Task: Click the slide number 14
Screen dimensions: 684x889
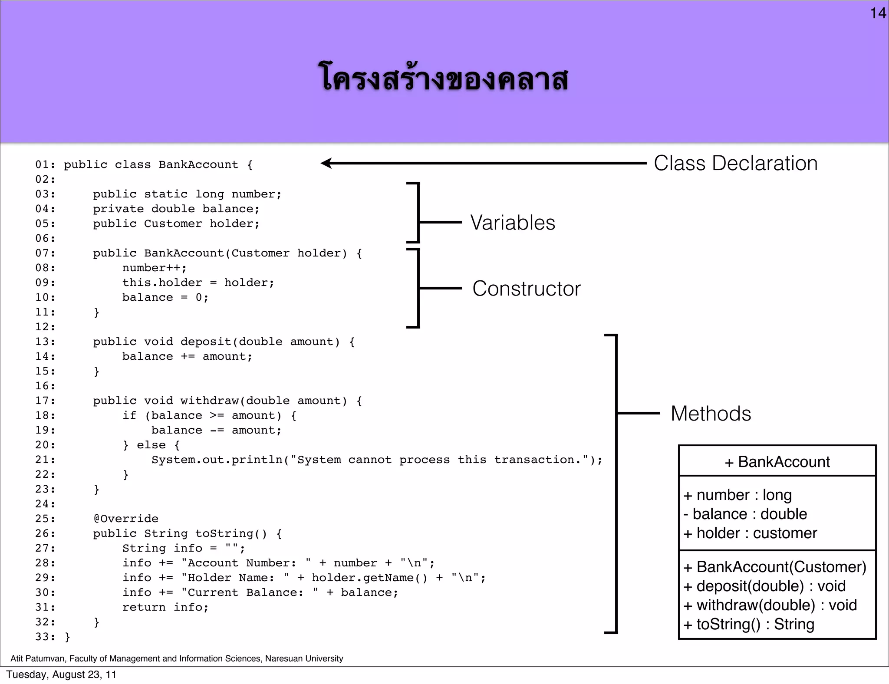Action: point(878,13)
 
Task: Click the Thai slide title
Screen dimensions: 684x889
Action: point(443,79)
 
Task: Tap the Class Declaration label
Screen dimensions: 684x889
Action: point(735,164)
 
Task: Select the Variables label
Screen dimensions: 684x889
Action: point(513,223)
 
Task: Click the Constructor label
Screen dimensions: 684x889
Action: point(526,289)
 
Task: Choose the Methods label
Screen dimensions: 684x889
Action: point(711,414)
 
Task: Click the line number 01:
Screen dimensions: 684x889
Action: point(45,164)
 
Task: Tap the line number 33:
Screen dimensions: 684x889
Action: point(45,637)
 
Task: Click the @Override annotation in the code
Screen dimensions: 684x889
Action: point(126,519)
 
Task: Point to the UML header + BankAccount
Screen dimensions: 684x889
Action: point(777,462)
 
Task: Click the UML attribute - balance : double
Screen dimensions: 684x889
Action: point(745,514)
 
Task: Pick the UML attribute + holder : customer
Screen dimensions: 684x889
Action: point(750,533)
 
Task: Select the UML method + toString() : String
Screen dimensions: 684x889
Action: point(749,624)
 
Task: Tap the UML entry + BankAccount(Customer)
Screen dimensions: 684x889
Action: point(775,567)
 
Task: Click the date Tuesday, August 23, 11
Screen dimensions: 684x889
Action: point(61,674)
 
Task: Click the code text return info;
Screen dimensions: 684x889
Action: point(165,607)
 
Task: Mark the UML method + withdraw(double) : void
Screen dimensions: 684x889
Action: point(770,605)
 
